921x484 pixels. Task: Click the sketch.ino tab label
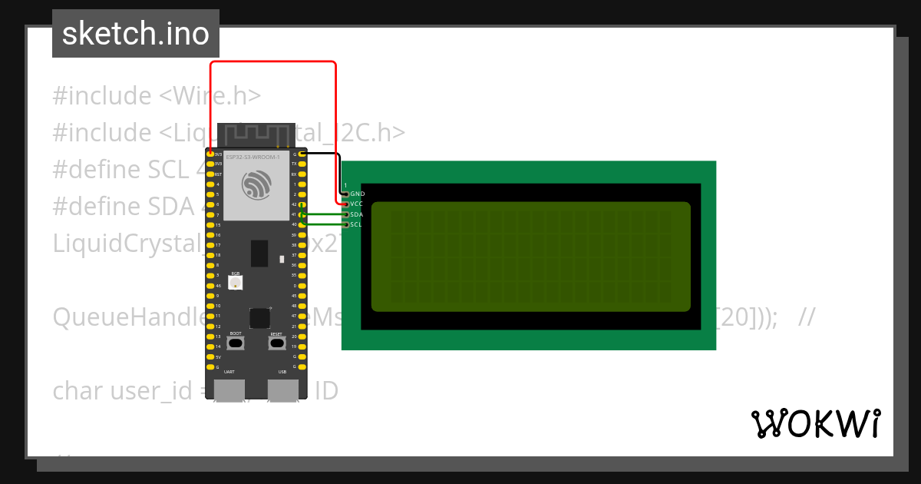(135, 34)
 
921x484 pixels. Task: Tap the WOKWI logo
(815, 423)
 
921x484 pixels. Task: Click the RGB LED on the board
(236, 283)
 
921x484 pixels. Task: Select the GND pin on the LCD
(346, 194)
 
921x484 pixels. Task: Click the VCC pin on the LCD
(346, 204)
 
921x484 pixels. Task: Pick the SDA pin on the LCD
(346, 214)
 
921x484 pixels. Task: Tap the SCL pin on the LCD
(346, 224)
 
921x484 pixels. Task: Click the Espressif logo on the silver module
(256, 184)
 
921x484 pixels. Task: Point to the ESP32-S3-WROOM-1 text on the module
(253, 156)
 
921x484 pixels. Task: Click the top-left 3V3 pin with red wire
(210, 154)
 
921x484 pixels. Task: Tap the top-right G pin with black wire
(302, 154)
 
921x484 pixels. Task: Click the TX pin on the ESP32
(302, 164)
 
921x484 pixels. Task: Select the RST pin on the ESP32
(210, 174)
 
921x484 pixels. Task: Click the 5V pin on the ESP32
(210, 357)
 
